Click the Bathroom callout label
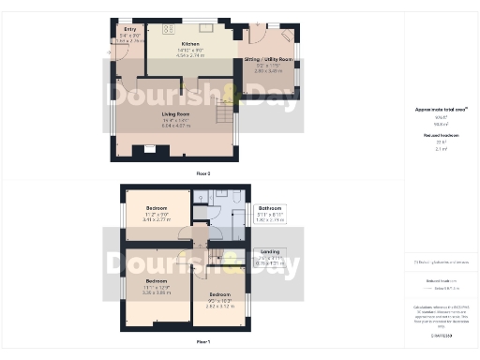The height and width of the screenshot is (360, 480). (x=271, y=207)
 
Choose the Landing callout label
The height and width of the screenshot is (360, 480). (x=269, y=251)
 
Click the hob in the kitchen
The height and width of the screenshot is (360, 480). (x=172, y=29)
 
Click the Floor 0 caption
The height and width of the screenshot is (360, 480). (x=203, y=173)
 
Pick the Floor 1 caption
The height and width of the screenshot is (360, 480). (x=203, y=343)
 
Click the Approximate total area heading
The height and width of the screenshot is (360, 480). (x=440, y=110)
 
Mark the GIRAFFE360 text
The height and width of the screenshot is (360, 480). (x=441, y=334)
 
